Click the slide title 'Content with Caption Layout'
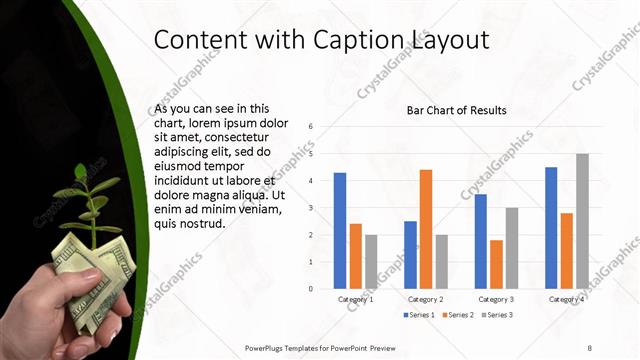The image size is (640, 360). tap(321, 40)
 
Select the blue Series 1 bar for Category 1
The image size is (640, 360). tap(340, 230)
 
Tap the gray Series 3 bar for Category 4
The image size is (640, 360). tap(582, 221)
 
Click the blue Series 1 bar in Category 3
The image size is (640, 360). tap(481, 241)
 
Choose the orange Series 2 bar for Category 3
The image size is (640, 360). tap(496, 264)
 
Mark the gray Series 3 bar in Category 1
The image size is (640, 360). tap(371, 261)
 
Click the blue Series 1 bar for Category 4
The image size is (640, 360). tap(551, 227)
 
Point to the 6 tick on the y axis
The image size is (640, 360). tap(312, 127)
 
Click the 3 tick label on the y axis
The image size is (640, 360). tap(312, 208)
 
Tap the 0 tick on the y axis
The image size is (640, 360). tap(312, 289)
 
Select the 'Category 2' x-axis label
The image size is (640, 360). tap(426, 299)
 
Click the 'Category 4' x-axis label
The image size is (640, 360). tap(567, 299)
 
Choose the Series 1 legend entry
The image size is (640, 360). tap(420, 315)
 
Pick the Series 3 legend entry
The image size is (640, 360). tap(498, 315)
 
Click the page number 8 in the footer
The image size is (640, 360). tap(589, 346)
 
